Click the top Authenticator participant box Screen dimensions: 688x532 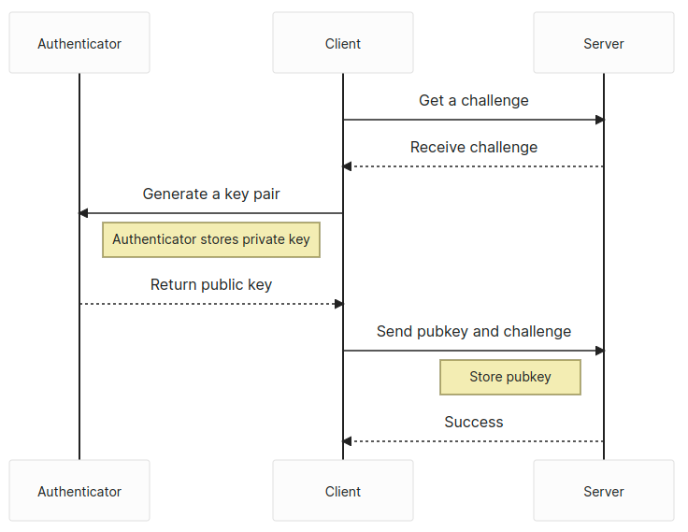click(x=79, y=43)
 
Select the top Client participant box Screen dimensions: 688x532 click(x=343, y=43)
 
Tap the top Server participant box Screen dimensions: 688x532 click(x=604, y=43)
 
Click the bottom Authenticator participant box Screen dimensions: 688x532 click(x=79, y=490)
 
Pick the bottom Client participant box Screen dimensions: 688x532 click(x=343, y=490)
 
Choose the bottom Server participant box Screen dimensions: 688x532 click(x=604, y=490)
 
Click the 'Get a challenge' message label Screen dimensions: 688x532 click(x=473, y=101)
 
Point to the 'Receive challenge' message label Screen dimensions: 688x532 click(x=473, y=147)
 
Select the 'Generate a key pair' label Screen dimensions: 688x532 click(x=211, y=194)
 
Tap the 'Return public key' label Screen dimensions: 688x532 click(x=211, y=284)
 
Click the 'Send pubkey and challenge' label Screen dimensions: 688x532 click(x=473, y=331)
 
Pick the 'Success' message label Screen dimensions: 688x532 click(x=473, y=422)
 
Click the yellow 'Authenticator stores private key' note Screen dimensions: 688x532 click(x=211, y=239)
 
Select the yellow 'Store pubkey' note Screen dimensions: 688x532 click(x=510, y=377)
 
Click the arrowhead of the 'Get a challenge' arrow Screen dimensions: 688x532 click(x=600, y=120)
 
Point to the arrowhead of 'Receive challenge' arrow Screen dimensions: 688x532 click(x=347, y=166)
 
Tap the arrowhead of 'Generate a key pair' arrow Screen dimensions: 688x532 click(x=83, y=213)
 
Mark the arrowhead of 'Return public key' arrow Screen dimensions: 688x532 click(x=338, y=304)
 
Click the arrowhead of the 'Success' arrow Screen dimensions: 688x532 click(x=347, y=441)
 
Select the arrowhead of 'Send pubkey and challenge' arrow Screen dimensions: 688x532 click(x=600, y=351)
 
